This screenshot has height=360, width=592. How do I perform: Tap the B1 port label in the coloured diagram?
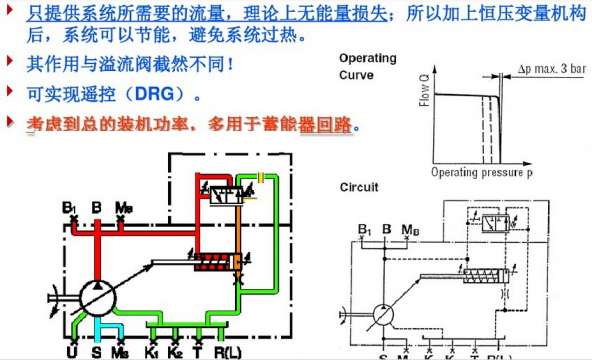pyautogui.click(x=69, y=208)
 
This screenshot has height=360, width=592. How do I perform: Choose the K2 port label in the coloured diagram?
pyautogui.click(x=176, y=352)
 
